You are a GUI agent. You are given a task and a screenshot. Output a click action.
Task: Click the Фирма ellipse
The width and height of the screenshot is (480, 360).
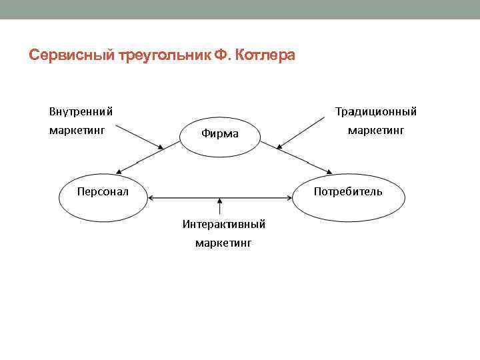pos(220,134)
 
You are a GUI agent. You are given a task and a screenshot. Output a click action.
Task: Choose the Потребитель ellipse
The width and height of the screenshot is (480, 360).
pos(348,197)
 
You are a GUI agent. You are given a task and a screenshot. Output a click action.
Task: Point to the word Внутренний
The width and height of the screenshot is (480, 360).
pos(80,111)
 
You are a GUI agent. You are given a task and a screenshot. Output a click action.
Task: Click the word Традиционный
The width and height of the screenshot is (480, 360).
pos(375,111)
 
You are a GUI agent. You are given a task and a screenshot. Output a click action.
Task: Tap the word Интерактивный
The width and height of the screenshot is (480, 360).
pos(224,224)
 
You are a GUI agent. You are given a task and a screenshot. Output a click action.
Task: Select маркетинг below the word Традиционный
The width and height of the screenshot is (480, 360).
pos(375,130)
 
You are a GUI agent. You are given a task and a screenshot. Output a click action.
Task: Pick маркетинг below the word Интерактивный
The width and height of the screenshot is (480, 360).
pos(223,243)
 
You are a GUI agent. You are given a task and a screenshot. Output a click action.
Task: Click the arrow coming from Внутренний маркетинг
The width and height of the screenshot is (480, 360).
pos(140,136)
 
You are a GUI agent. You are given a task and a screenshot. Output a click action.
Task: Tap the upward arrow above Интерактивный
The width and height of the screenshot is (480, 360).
pos(219,206)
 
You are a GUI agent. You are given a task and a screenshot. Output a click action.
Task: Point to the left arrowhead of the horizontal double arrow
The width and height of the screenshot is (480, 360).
pos(152,197)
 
